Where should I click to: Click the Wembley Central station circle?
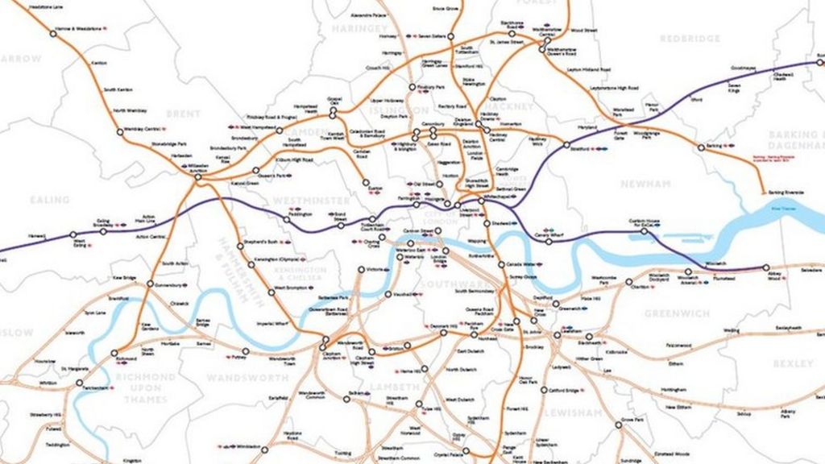coord(120,131)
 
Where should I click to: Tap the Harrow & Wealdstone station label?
coord(80,29)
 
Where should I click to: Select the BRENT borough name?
coord(183,114)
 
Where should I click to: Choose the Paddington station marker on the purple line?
coord(286,218)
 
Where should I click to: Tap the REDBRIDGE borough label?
coord(690,38)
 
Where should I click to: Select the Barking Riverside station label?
coord(786,193)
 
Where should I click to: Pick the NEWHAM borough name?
coord(645,184)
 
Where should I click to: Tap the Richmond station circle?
coord(114,352)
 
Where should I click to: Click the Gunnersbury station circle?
coord(151,284)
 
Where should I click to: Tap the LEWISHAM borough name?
coord(573,412)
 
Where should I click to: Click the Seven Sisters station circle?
coord(408,35)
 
